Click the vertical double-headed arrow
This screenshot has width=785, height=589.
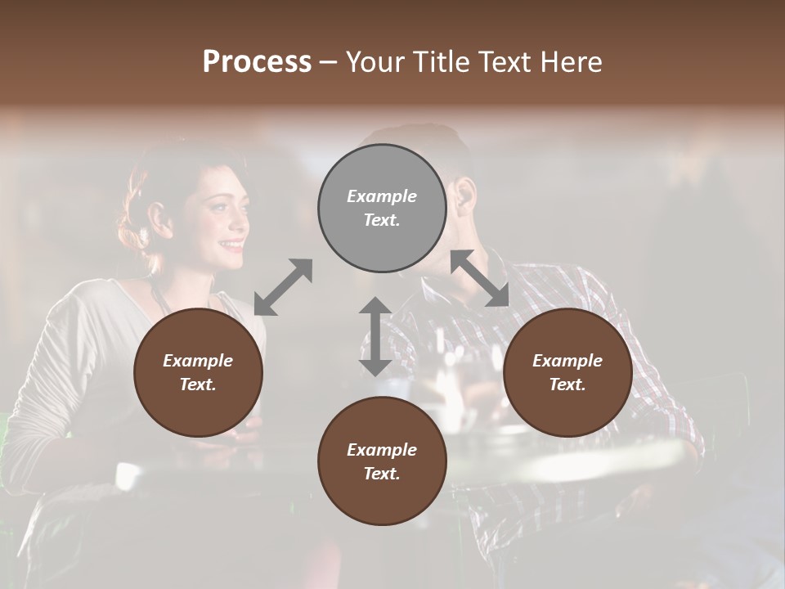[x=375, y=336]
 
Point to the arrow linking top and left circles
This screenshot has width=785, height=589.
[x=283, y=287]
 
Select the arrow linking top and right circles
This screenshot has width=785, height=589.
[x=480, y=278]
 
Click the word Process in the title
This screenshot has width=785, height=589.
[x=257, y=61]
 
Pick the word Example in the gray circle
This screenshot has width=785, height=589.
[x=382, y=196]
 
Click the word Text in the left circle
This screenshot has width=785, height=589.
[x=197, y=384]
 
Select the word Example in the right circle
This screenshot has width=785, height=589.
[x=567, y=361]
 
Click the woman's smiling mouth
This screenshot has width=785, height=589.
[x=232, y=244]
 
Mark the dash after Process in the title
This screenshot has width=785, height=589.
[x=329, y=62]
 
